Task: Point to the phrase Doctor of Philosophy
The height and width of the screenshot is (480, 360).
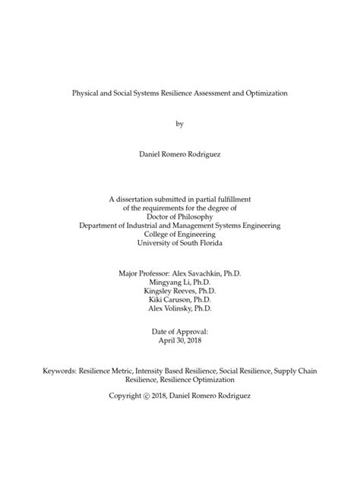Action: pos(180,215)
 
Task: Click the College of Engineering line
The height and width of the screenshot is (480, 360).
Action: pos(180,234)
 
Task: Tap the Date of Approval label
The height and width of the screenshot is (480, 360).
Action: pos(180,332)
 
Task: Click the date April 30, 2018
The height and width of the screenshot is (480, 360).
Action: pos(180,341)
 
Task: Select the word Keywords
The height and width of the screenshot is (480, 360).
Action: pos(62,370)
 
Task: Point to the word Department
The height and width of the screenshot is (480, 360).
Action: pos(103,225)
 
